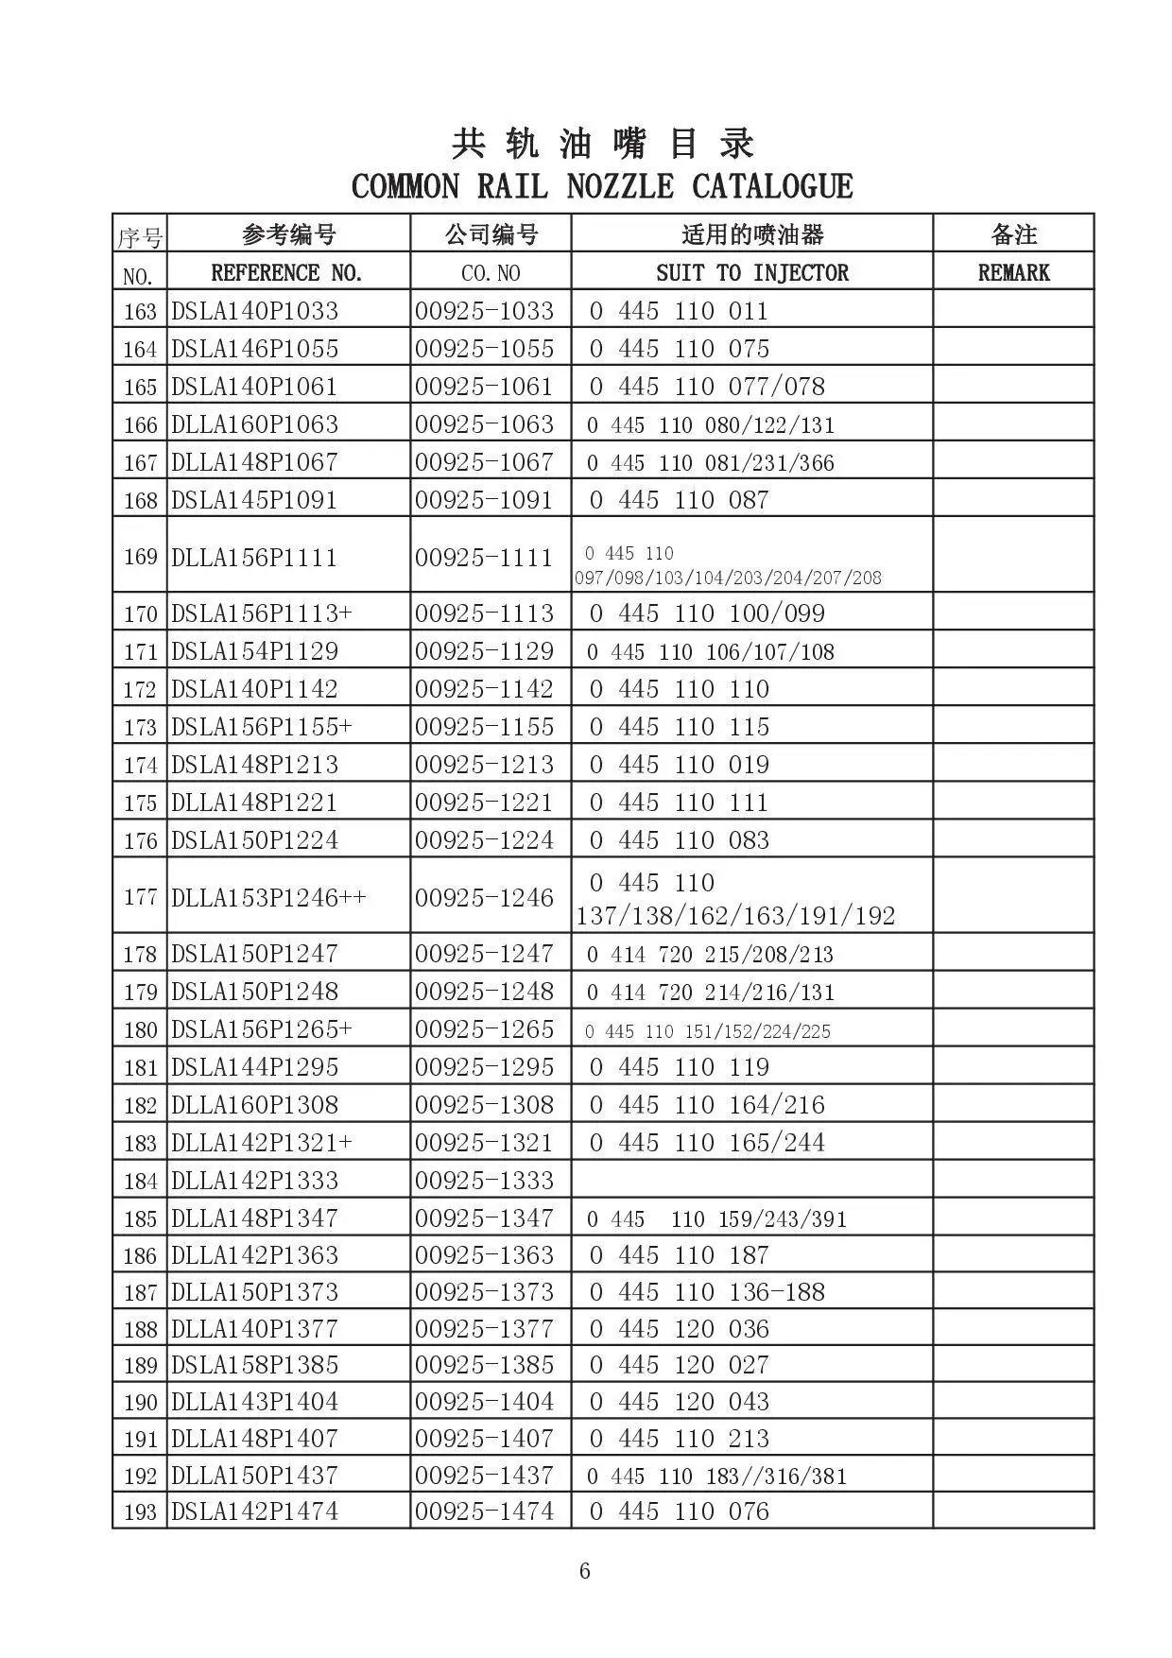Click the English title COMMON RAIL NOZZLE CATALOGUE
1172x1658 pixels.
pos(602,186)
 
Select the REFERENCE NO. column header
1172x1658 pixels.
pos(286,273)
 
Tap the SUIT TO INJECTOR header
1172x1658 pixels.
pos(752,273)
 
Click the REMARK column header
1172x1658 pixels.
pos(1013,273)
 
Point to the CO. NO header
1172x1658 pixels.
pos(491,273)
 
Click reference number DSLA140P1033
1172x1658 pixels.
pos(254,311)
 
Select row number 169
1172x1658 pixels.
pos(140,556)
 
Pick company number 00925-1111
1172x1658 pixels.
pos(484,557)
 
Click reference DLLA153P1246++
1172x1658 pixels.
pos(268,897)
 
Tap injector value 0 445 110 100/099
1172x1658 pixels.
pos(707,613)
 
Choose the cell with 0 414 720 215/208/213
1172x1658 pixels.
pos(710,954)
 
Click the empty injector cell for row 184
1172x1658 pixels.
pos(752,1180)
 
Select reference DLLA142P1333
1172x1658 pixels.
pos(254,1181)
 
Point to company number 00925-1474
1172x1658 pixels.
pos(484,1511)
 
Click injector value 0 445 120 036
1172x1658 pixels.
pos(680,1329)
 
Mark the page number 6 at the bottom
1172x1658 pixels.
pos(585,1571)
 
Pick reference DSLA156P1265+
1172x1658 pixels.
pos(261,1029)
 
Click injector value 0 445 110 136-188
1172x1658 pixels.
pos(707,1292)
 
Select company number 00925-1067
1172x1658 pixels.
pos(484,462)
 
